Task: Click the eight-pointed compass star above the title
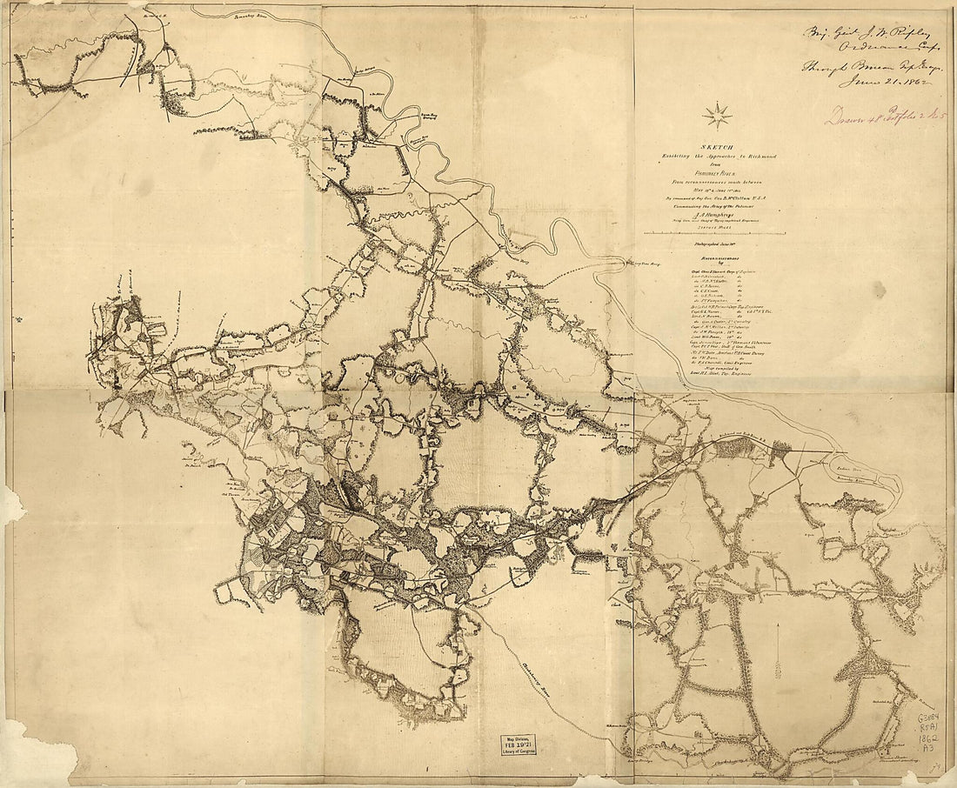[x=718, y=115]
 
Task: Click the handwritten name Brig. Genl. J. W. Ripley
[x=860, y=35]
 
